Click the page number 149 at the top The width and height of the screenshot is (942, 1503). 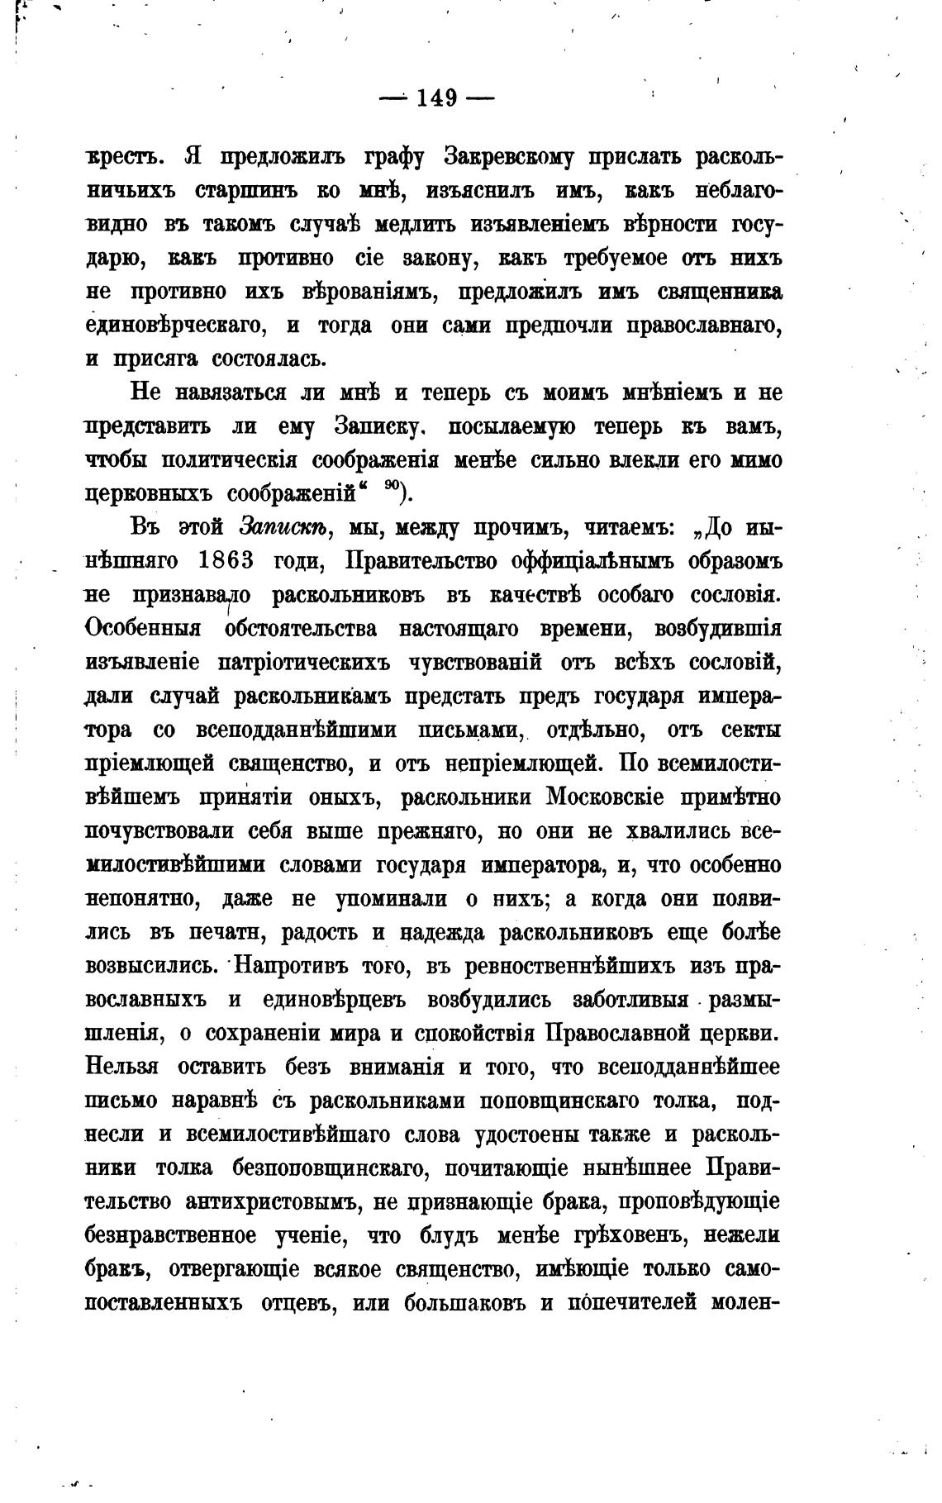pyautogui.click(x=436, y=98)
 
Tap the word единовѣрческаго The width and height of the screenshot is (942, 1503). pyautogui.click(x=176, y=325)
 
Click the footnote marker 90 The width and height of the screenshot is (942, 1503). pyautogui.click(x=392, y=489)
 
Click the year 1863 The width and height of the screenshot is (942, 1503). pyautogui.click(x=226, y=561)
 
